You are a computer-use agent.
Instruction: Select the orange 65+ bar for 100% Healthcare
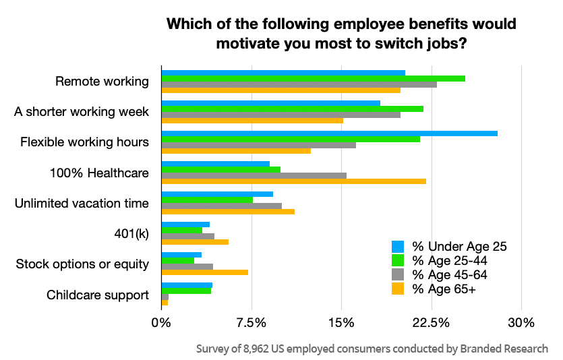point(293,181)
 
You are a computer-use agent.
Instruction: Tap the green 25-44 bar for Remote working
point(313,79)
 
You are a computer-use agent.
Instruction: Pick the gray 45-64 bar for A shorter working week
point(280,115)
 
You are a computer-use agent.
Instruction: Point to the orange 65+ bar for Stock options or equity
point(204,272)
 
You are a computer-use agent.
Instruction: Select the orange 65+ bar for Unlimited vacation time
point(228,212)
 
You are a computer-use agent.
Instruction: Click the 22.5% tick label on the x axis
point(431,323)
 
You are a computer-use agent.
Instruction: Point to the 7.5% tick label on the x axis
point(251,323)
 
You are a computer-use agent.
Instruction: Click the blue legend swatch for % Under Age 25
point(398,246)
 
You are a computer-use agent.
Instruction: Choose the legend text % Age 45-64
point(450,275)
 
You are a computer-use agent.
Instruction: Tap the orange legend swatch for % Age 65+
point(398,289)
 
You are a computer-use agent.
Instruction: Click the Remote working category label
point(101,82)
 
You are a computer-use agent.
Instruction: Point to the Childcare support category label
point(97,295)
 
